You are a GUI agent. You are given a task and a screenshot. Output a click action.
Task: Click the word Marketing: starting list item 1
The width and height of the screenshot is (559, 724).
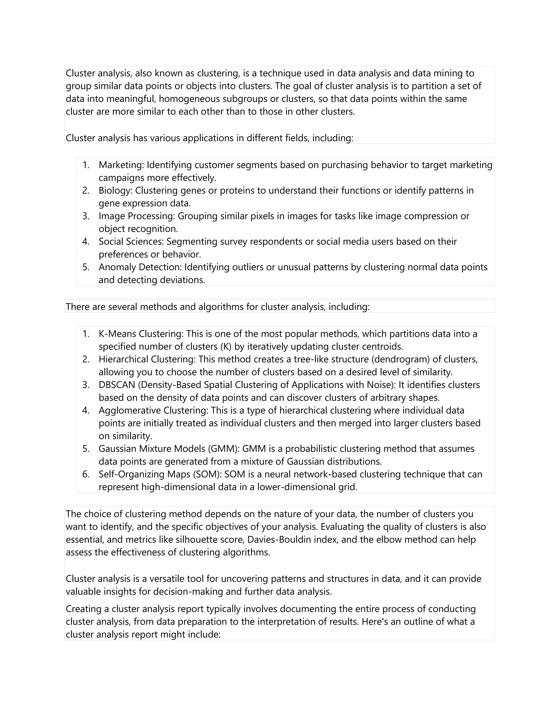121,165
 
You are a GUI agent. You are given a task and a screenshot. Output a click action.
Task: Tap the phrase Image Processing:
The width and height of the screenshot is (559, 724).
137,216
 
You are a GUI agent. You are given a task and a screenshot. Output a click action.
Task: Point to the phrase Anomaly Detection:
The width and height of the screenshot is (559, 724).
140,267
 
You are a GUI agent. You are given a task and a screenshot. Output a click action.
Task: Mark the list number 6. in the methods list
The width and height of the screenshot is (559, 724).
86,474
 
